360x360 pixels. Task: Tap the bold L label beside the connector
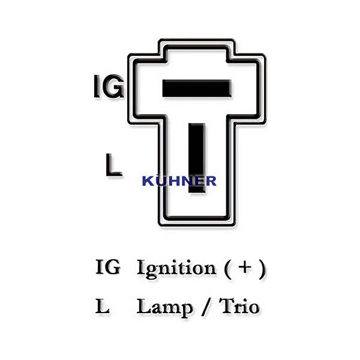[113, 166]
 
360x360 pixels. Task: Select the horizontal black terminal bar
[196, 89]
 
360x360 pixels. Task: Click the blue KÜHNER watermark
[179, 181]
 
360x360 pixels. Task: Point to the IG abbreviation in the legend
[108, 268]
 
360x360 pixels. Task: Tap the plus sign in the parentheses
[244, 267]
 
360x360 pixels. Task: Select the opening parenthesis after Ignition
[228, 268]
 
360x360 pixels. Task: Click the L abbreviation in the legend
[103, 307]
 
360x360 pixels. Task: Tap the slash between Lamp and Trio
[206, 308]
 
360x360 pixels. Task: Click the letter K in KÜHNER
[147, 181]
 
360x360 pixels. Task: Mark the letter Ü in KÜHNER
[160, 181]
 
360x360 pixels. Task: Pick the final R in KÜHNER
[211, 181]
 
